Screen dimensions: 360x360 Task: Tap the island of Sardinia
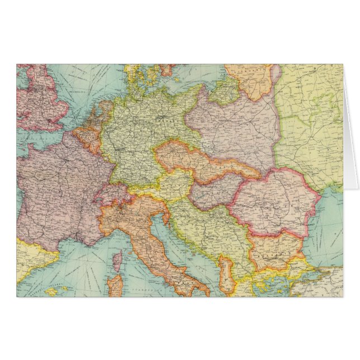click(115, 285)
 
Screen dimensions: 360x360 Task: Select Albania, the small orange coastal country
click(226, 274)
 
